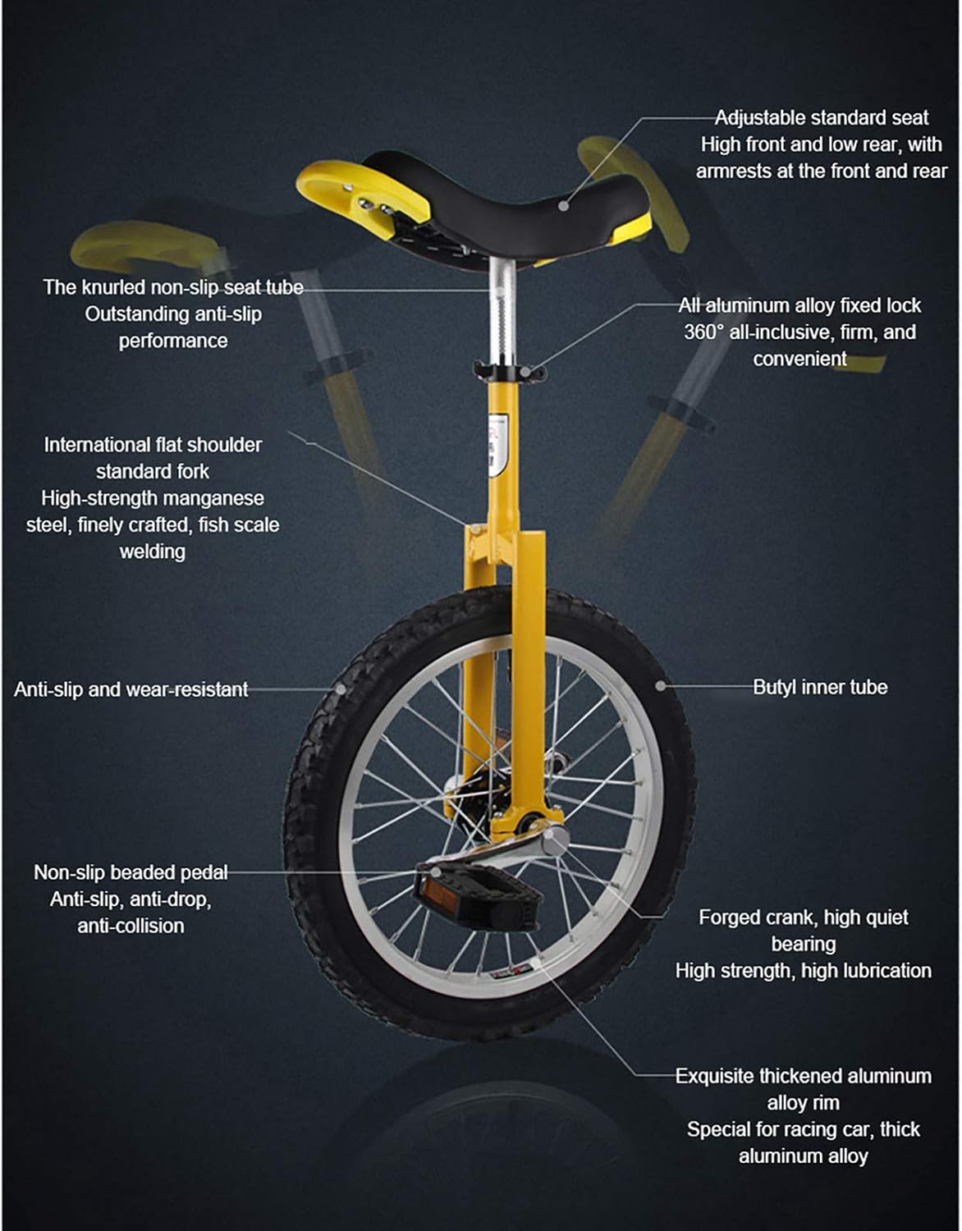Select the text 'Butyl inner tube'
(820, 687)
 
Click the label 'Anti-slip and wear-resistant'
(131, 689)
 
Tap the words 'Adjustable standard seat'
(821, 117)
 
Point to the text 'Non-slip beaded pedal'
(131, 872)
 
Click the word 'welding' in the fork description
(153, 551)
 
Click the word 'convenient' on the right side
(799, 359)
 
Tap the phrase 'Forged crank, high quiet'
(803, 918)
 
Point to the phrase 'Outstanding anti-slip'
(173, 313)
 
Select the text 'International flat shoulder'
(153, 445)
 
